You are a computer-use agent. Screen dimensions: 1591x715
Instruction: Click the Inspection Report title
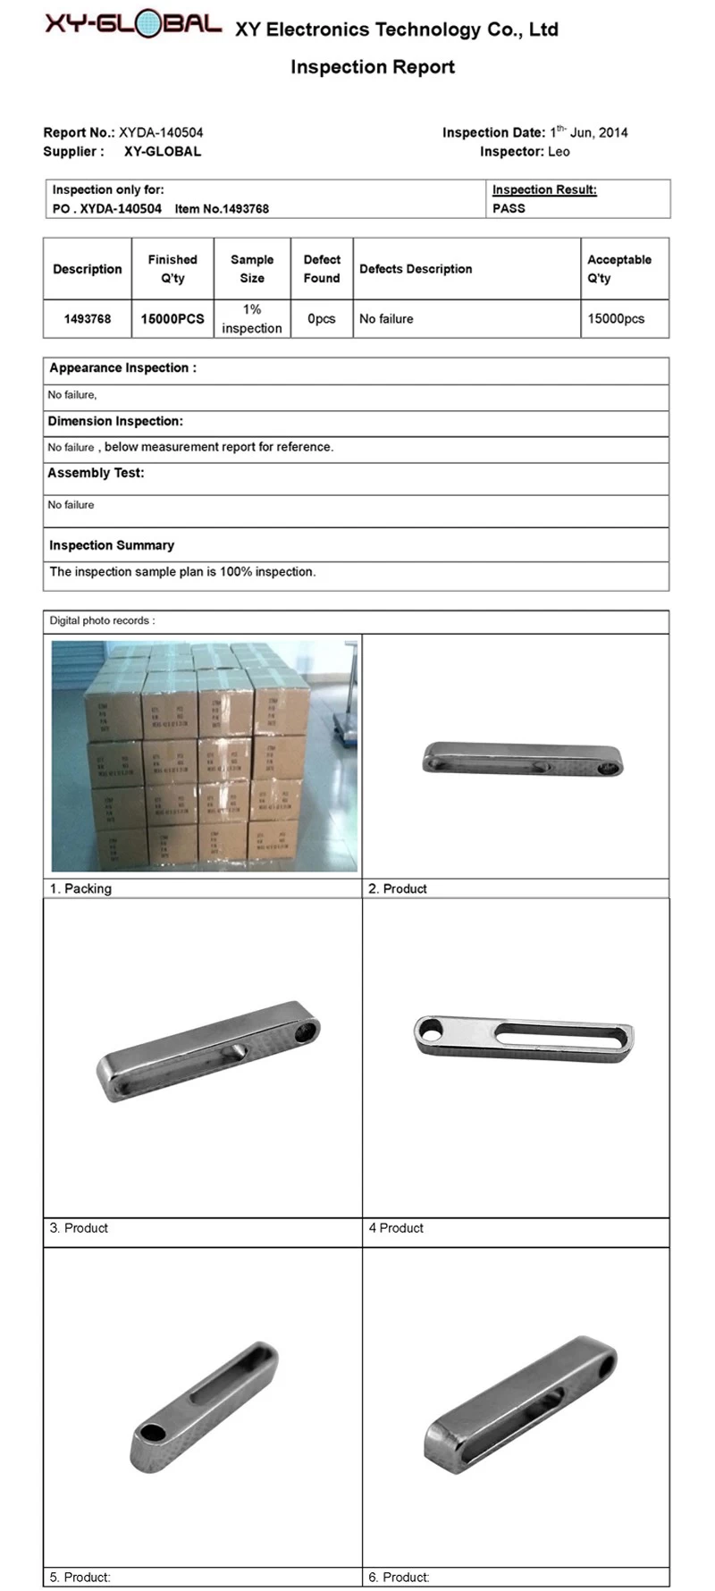pos(372,67)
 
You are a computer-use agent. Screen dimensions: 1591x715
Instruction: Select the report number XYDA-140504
pos(161,132)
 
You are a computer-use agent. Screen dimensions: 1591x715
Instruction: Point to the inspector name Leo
pos(559,152)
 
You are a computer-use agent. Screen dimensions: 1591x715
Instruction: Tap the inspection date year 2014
pos(613,132)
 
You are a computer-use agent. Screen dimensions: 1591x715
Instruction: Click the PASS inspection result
pos(509,208)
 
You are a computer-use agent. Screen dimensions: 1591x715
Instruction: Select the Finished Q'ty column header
pos(172,268)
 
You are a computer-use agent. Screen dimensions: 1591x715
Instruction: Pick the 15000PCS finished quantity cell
pos(172,318)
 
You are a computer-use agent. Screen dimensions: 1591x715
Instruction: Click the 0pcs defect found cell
pos(321,318)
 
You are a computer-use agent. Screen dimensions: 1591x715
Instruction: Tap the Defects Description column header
pos(416,268)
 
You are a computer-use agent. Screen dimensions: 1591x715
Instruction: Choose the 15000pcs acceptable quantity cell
pos(615,318)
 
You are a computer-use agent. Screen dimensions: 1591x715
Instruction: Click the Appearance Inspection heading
pos(122,367)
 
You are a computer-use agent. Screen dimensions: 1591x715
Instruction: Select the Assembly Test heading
pos(96,473)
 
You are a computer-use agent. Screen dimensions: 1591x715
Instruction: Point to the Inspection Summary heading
pos(112,545)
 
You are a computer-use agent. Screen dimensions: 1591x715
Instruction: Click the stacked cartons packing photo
pos(204,755)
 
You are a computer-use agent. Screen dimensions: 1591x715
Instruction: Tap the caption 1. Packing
pos(80,888)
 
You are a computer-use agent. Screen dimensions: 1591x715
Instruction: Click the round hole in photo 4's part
pos(430,1031)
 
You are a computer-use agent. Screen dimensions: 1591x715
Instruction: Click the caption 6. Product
pos(399,1578)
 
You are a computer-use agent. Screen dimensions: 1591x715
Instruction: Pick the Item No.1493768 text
pos(222,208)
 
